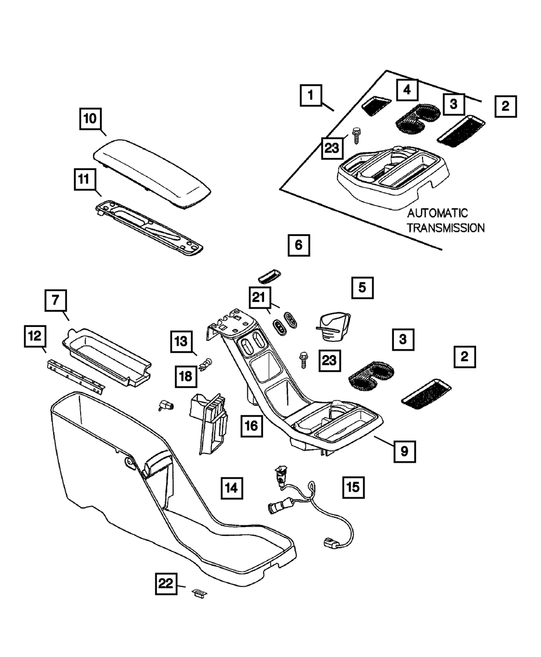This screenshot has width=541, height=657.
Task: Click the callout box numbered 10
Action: [x=90, y=119]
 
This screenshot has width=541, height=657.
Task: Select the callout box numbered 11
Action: [x=85, y=179]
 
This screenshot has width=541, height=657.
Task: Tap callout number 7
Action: [x=56, y=300]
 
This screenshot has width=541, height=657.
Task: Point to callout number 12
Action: [x=35, y=337]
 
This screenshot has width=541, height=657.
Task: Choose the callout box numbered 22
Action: [x=166, y=584]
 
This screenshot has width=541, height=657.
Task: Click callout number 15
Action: [x=353, y=488]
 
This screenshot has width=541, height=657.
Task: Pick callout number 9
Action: [x=405, y=451]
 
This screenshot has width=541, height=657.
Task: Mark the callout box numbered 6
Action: [x=299, y=245]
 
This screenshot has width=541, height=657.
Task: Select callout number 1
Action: [x=311, y=95]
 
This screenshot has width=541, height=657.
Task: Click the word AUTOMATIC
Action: [x=438, y=213]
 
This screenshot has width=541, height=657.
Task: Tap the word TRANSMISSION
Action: [x=446, y=228]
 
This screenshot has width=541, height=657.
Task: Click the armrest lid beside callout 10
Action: [x=152, y=173]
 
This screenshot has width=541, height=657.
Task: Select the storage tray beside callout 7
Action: [x=107, y=357]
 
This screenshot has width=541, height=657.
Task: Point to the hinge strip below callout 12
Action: [x=76, y=377]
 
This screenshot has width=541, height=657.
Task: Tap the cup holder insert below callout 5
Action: [x=333, y=327]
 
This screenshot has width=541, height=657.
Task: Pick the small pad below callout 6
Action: [x=269, y=276]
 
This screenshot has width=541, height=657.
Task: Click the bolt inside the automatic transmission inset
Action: [x=356, y=136]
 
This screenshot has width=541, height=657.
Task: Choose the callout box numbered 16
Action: [x=252, y=426]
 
